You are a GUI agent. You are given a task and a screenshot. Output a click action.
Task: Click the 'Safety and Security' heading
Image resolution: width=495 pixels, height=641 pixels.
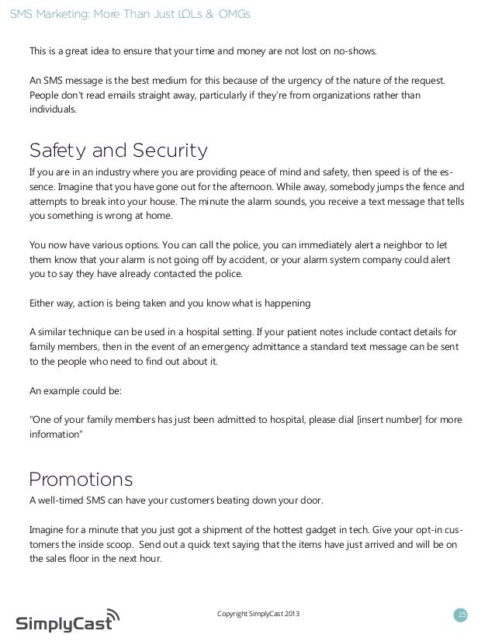(118, 149)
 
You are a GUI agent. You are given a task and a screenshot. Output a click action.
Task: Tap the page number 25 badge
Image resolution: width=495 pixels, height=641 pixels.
(462, 615)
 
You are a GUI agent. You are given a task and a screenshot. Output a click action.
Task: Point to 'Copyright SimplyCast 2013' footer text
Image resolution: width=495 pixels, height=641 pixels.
(258, 615)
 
